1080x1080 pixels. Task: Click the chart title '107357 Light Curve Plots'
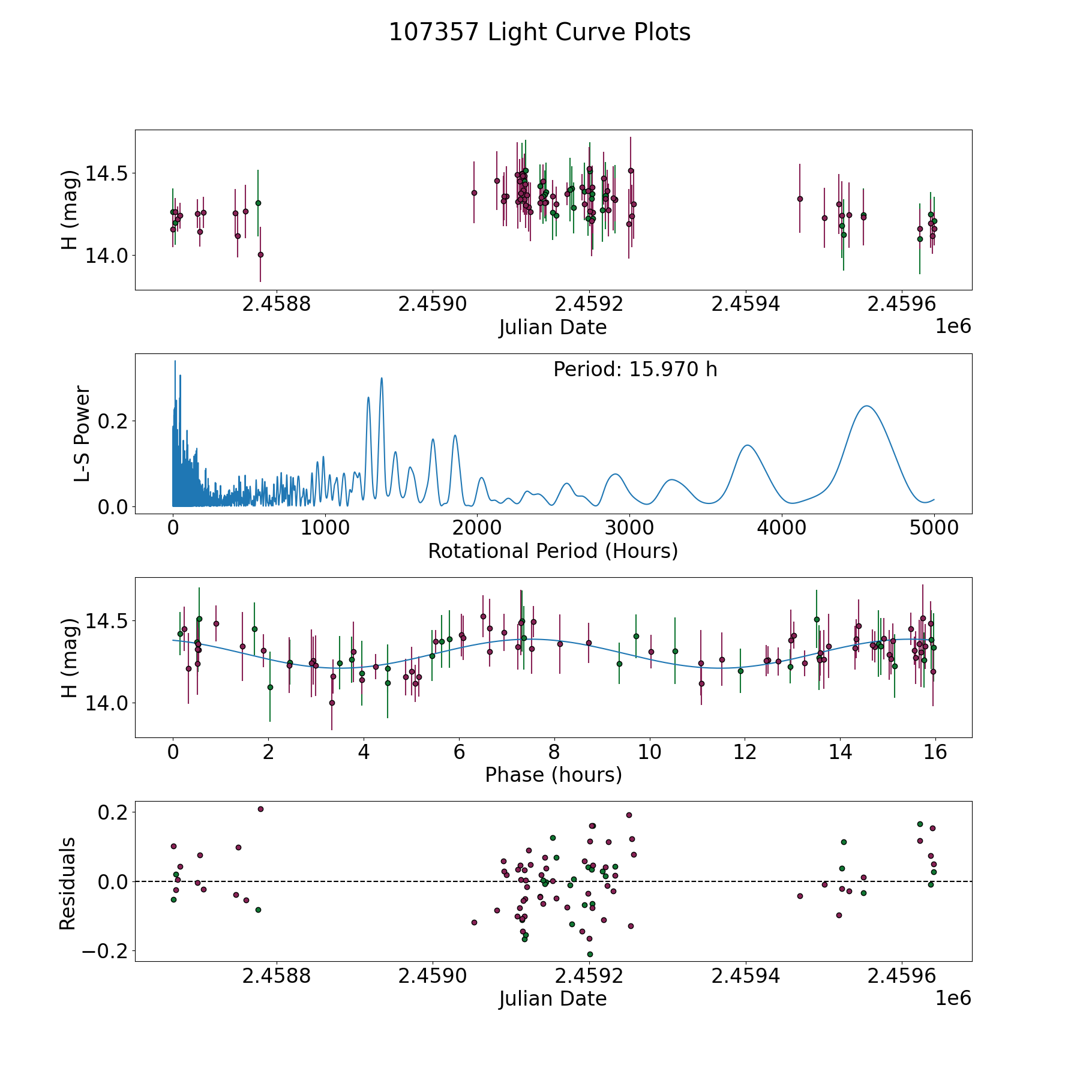539,32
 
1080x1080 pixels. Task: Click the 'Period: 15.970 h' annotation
635,370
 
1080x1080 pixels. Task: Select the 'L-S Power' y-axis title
82,434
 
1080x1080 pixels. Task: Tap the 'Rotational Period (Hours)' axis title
553,551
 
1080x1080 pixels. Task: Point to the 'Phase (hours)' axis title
553,775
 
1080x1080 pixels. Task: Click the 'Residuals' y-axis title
68,883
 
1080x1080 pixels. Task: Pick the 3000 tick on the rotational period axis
629,529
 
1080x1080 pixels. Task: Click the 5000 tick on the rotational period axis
934,529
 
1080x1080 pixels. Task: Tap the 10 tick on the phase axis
650,752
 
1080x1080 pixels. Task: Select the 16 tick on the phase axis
935,752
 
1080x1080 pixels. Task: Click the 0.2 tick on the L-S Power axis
114,421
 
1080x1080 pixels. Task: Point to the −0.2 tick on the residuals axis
103,951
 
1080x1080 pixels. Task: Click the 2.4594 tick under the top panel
746,305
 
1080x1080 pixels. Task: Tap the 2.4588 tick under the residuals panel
277,976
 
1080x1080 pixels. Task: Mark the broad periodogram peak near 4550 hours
866,406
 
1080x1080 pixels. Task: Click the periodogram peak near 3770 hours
747,445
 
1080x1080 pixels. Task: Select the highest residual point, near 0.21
260,809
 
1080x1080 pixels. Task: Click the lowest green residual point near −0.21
590,954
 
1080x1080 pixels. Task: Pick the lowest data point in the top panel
260,254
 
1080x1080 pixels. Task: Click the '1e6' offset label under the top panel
953,326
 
